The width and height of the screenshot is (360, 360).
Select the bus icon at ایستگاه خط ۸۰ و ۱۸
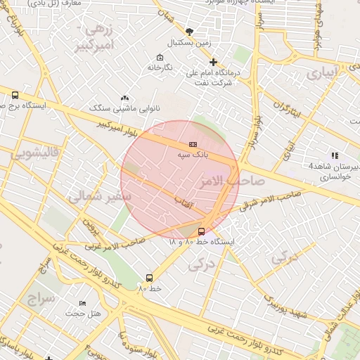click(x=202, y=231)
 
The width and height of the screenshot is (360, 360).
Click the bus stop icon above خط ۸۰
click(x=149, y=278)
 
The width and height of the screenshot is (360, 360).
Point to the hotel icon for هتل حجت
click(x=83, y=304)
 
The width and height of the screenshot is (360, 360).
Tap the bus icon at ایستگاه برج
click(x=15, y=96)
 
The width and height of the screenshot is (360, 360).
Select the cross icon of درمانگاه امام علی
click(x=213, y=62)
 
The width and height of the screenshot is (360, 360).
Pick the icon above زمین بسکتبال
click(x=189, y=32)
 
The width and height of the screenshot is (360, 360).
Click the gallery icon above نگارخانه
click(x=160, y=58)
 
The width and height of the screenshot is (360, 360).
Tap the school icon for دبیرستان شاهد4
click(x=335, y=155)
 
